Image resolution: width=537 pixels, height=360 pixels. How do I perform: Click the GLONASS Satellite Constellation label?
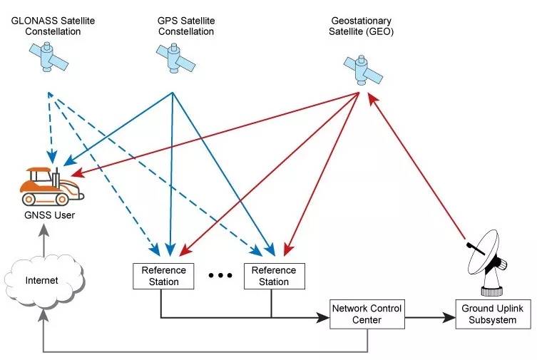pyautogui.click(x=53, y=26)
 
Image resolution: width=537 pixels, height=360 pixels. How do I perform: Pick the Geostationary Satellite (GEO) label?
pyautogui.click(x=362, y=26)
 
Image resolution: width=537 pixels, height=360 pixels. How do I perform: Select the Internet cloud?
pyautogui.click(x=42, y=280)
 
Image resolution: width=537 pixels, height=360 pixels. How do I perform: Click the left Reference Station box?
pyautogui.click(x=163, y=276)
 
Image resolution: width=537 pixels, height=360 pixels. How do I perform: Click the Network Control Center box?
pyautogui.click(x=367, y=314)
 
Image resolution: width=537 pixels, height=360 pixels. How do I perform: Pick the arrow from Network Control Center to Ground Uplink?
pyautogui.click(x=429, y=314)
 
